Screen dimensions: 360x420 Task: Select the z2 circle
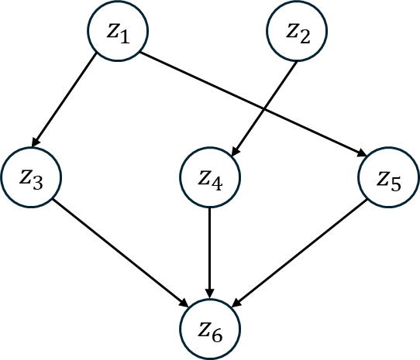point(297,33)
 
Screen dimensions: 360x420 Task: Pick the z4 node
point(210,180)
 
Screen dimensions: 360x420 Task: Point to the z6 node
point(210,328)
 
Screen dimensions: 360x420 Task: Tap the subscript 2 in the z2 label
point(305,37)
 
